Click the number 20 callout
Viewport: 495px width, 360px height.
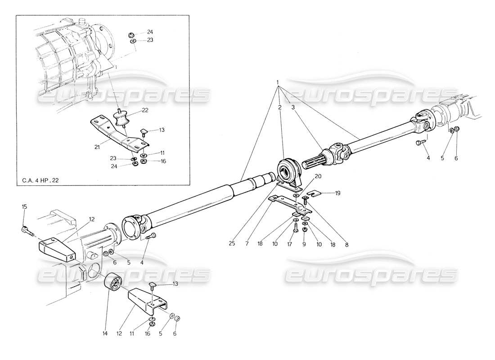[318, 176]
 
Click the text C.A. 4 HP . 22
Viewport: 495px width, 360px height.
[40, 181]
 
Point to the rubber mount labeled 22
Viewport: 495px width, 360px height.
[120, 120]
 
